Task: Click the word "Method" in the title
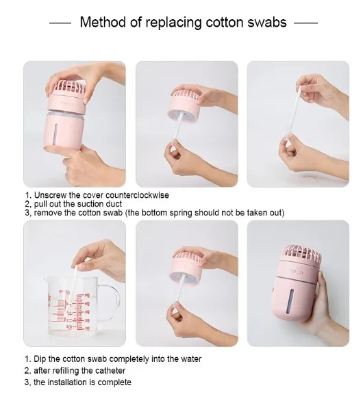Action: tap(103, 22)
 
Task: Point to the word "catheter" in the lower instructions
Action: tap(110, 371)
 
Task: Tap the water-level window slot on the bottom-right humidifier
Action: tap(291, 301)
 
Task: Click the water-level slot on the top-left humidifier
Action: tap(57, 133)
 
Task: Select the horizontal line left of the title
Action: tap(60, 23)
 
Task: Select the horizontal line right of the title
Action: tap(305, 23)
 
